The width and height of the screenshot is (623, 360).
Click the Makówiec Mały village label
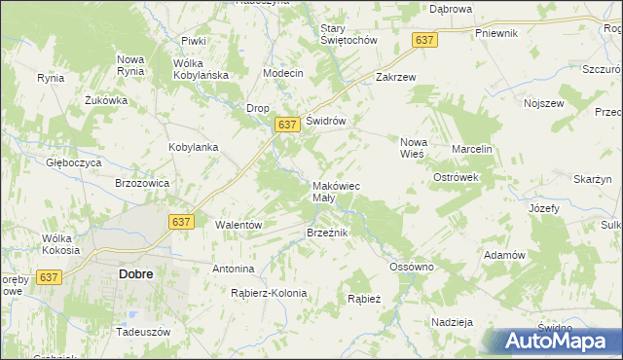pos(336,192)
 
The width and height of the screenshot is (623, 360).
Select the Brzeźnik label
pos(326,234)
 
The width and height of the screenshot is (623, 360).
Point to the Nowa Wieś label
pos(414,148)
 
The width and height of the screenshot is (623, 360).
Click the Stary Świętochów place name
pos(348,34)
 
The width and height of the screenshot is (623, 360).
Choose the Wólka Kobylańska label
pos(201,69)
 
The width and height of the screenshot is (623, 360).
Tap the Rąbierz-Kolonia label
pos(269,293)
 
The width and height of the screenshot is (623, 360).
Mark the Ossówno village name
pos(411,267)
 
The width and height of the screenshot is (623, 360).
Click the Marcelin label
pos(472,149)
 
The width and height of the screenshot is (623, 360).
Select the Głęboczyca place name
pos(74,163)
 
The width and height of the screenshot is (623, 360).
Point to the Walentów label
pos(239,225)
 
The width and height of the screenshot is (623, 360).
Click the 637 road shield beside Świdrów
pos(286,125)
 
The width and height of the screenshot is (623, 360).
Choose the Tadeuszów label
pos(142,332)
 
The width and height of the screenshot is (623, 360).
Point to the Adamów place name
pos(505,255)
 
